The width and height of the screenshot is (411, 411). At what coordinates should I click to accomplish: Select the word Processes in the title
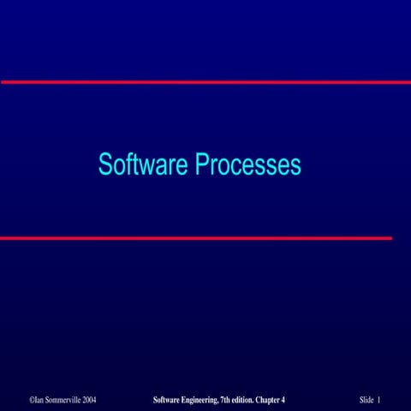pyautogui.click(x=248, y=164)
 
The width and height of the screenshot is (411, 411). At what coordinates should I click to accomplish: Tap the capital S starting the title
pyautogui.click(x=104, y=164)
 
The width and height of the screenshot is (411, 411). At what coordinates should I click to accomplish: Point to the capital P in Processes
pyautogui.click(x=202, y=164)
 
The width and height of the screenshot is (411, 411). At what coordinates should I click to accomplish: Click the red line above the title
pyautogui.click(x=205, y=82)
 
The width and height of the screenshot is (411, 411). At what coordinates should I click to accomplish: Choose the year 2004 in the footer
pyautogui.click(x=98, y=376)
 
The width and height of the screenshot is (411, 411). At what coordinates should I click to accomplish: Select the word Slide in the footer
pyautogui.click(x=366, y=376)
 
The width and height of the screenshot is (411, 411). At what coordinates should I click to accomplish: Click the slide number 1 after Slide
pyautogui.click(x=378, y=376)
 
